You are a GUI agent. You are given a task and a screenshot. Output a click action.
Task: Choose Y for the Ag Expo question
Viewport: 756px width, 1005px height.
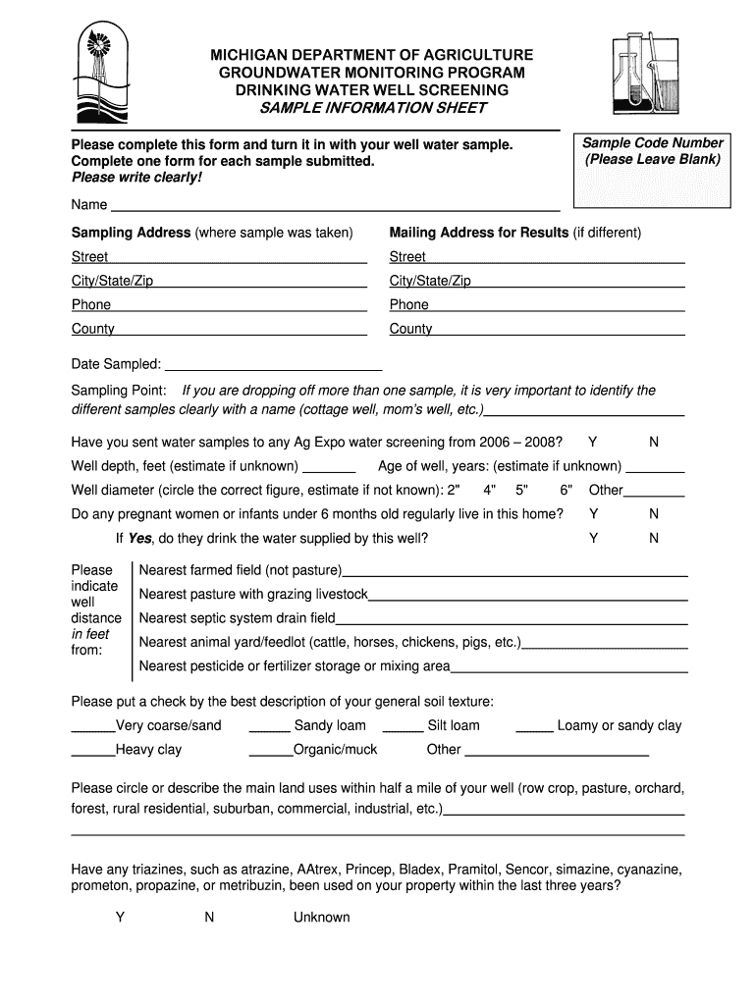pos(592,442)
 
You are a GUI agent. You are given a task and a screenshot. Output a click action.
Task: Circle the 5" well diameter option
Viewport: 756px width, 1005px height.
pos(521,490)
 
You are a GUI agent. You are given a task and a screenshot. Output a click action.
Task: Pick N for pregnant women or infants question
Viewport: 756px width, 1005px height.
pos(654,514)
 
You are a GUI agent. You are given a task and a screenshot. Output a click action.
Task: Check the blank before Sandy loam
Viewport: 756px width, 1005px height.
pos(269,729)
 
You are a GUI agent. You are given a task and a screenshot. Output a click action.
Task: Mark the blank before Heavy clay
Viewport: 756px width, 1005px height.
pos(93,754)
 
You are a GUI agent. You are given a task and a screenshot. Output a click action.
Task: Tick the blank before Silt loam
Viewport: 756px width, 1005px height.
pos(403,729)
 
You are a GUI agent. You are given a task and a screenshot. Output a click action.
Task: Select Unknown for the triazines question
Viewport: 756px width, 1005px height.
pos(321,918)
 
